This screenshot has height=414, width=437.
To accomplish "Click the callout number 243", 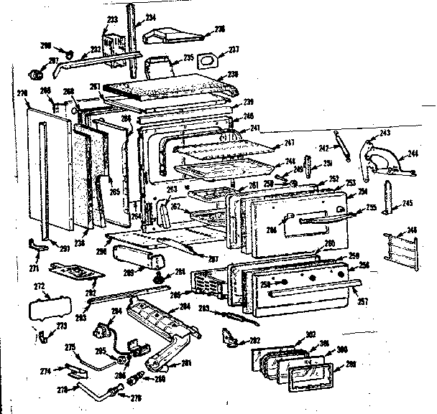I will click(x=385, y=133).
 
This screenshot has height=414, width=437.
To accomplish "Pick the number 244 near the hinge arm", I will click(x=413, y=153).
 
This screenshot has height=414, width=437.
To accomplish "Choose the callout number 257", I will click(x=362, y=301).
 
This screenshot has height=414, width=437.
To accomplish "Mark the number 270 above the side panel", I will click(x=22, y=93).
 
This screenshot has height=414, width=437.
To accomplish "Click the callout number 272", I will click(x=40, y=285).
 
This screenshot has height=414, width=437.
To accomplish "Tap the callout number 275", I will click(x=70, y=347).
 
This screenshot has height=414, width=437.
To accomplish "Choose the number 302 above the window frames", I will click(x=310, y=334).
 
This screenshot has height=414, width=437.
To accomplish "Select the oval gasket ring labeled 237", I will click(x=209, y=59).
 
